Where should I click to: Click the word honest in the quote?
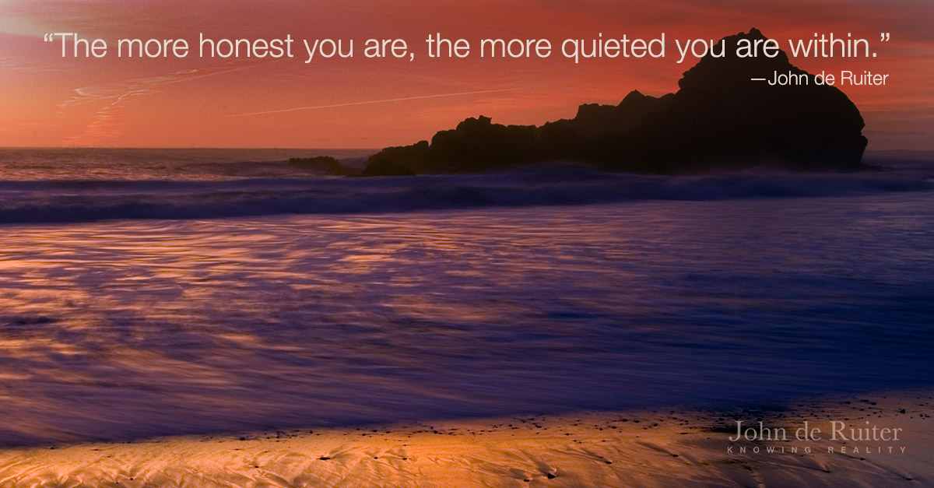click(x=246, y=46)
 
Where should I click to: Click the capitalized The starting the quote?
click(x=80, y=46)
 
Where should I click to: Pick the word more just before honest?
click(x=153, y=49)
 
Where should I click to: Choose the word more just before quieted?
click(x=515, y=49)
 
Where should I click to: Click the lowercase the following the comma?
click(x=448, y=46)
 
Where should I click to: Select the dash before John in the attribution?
click(x=758, y=79)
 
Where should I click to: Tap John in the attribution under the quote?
click(x=787, y=79)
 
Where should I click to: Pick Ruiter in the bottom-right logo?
click(x=866, y=431)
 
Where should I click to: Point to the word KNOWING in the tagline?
click(x=769, y=450)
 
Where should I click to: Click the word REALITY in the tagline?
click(x=866, y=450)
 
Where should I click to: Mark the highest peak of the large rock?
click(x=753, y=30)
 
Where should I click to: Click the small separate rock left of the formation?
click(x=318, y=164)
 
